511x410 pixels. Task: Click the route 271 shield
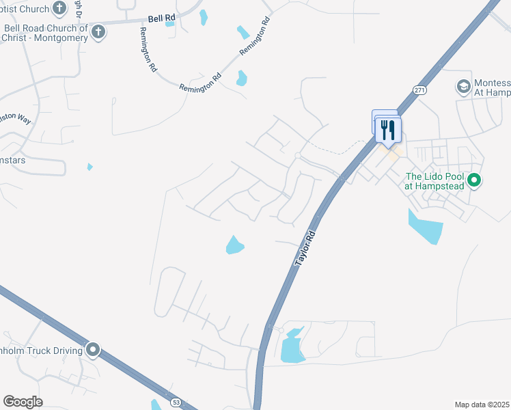419,90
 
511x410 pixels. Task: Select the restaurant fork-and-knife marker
388,130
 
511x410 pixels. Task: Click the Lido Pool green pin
474,181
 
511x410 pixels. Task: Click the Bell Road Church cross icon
98,31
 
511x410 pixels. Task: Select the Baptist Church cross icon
61,9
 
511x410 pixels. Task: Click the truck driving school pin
93,351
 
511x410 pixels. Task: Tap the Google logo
23,402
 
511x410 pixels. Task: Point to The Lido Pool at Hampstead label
433,181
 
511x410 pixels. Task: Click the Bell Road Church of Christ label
46,33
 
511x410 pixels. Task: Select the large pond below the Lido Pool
425,227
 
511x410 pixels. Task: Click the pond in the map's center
234,245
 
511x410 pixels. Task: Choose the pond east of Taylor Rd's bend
292,347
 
